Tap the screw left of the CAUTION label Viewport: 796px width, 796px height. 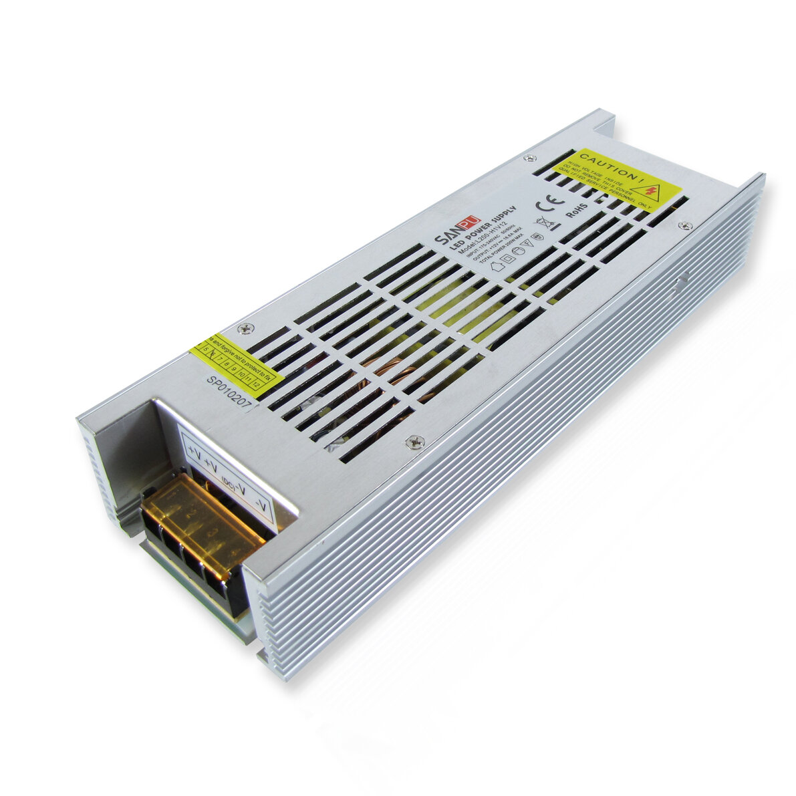(x=529, y=158)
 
